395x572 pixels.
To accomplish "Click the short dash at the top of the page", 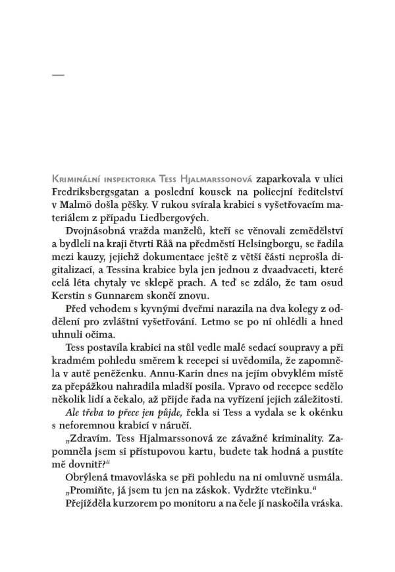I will [x=58, y=77].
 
